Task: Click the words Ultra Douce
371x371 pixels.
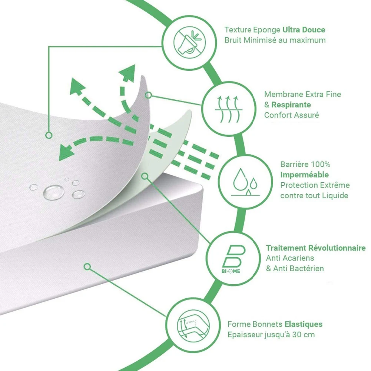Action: click(x=304, y=30)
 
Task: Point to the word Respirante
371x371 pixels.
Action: click(x=291, y=105)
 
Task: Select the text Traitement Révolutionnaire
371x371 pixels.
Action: click(x=316, y=248)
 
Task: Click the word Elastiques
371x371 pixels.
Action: click(x=303, y=324)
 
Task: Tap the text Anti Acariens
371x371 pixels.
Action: click(x=290, y=258)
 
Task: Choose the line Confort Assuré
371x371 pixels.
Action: click(x=291, y=115)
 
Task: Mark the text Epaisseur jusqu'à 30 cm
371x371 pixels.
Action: click(x=271, y=335)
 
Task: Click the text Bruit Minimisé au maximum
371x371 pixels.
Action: click(x=275, y=40)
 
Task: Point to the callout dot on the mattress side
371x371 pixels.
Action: click(x=87, y=266)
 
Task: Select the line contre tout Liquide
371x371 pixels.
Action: click(x=314, y=195)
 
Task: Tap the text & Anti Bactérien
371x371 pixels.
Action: click(x=295, y=268)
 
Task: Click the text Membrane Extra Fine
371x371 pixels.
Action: click(x=302, y=95)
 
